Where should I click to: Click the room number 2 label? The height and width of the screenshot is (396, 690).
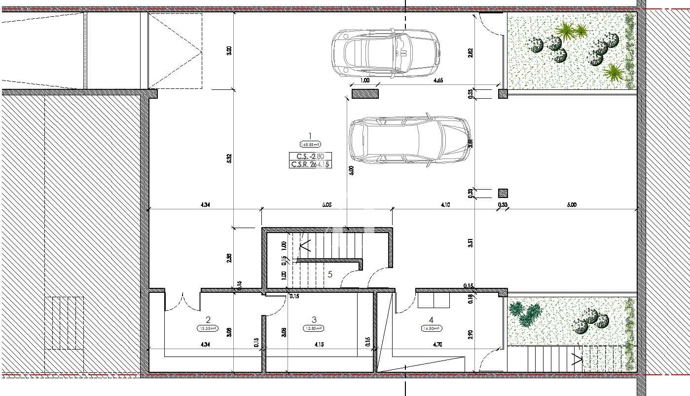208,319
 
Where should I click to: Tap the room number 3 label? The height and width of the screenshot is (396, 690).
314,319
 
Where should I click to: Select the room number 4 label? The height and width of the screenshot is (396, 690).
431,319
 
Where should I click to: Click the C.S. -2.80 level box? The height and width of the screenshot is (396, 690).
310,157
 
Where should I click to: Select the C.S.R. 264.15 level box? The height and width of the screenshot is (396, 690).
310,164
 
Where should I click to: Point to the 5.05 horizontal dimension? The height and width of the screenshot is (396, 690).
326,204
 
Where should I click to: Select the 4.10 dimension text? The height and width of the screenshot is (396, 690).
445,204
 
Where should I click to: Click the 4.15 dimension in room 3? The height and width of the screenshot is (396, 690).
318,344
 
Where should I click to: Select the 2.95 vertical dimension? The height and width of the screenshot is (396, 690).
229,259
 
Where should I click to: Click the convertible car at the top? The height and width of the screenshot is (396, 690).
385,52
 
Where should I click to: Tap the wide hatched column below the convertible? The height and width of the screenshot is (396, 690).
365,94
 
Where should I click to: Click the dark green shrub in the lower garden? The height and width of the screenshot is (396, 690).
526,314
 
